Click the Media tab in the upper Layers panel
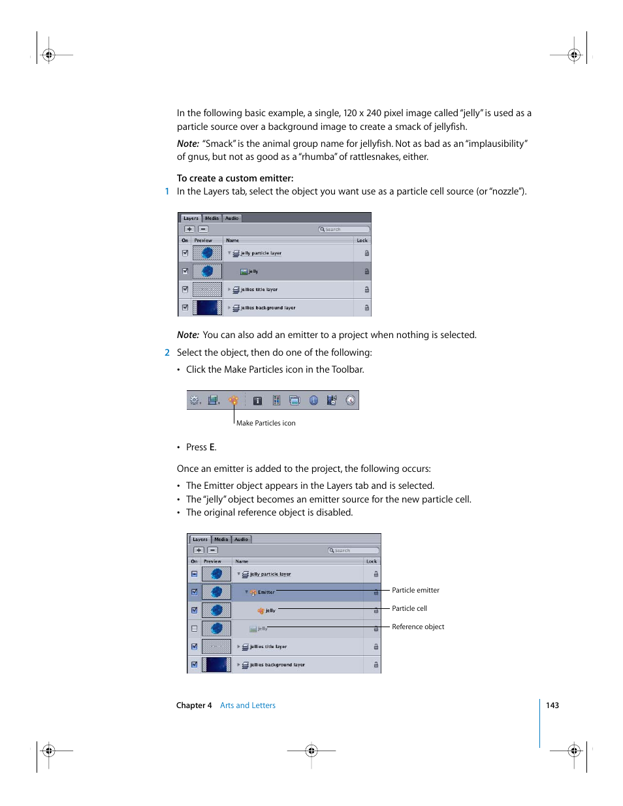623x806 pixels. (212, 218)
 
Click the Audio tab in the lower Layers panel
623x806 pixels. (241, 539)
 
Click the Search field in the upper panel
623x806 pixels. (344, 229)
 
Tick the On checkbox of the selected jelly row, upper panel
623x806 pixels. (185, 271)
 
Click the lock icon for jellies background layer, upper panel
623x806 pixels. (366, 307)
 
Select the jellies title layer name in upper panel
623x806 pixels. (259, 289)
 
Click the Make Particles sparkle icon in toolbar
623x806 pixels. (233, 400)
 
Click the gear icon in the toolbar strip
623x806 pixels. (194, 400)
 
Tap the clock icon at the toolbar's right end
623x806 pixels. (351, 400)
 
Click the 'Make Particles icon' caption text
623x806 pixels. (266, 423)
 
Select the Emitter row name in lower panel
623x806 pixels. (266, 592)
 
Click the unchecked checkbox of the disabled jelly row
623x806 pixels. (194, 628)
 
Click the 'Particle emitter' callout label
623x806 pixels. (415, 590)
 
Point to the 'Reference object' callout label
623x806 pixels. (418, 627)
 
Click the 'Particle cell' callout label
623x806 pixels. (409, 608)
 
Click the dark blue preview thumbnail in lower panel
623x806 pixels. (216, 664)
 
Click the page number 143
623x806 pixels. (552, 705)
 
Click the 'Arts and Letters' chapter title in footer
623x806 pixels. (248, 705)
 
